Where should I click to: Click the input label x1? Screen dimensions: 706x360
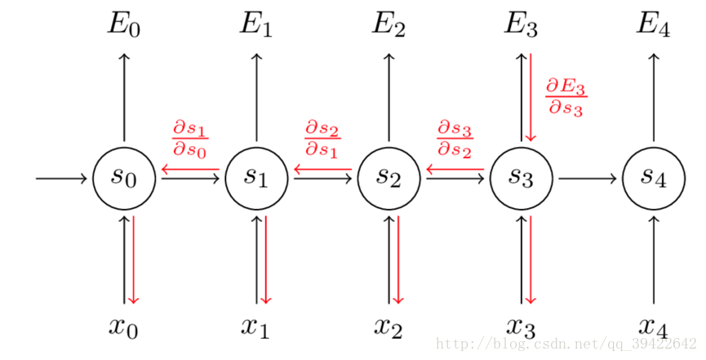click(x=255, y=327)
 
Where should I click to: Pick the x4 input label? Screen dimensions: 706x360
click(x=653, y=327)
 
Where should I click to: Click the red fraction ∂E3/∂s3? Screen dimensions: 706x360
click(x=566, y=97)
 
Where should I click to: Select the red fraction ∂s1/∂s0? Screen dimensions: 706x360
click(x=190, y=140)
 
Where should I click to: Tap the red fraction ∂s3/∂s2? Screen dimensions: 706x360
click(x=455, y=140)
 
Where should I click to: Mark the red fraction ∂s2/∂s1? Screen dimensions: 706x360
click(x=322, y=140)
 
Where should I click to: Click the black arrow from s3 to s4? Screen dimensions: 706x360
click(x=587, y=179)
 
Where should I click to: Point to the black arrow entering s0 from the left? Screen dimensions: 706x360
click(x=61, y=179)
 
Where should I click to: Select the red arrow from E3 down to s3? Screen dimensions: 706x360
click(x=531, y=97)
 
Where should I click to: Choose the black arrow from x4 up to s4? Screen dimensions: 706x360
click(x=654, y=260)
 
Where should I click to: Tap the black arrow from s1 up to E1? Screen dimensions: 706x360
click(x=256, y=97)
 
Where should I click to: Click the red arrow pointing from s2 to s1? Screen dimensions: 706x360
click(x=322, y=170)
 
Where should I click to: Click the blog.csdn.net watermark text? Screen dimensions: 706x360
click(x=566, y=344)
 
